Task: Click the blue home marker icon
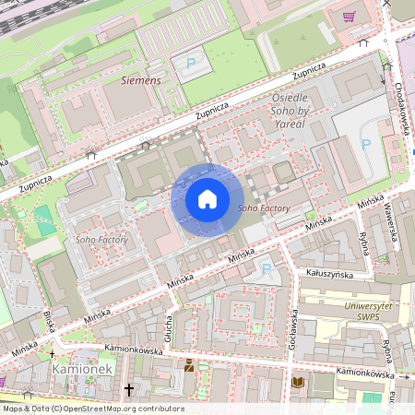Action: click(207, 199)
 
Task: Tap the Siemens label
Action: click(140, 81)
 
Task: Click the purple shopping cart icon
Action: click(350, 16)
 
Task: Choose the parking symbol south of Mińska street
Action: click(267, 268)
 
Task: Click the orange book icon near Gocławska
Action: click(297, 381)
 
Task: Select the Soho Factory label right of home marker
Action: click(264, 209)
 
